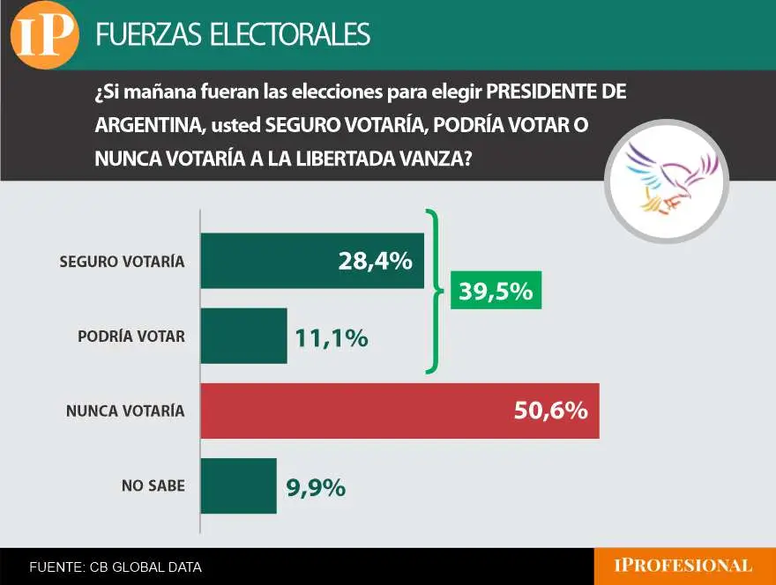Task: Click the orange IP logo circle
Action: pos(44,34)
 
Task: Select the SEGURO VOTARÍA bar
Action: pos(265,261)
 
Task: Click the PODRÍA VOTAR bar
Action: pos(243,336)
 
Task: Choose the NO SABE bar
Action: pos(238,485)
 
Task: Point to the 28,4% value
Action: pos(375,261)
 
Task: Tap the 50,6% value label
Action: pos(550,411)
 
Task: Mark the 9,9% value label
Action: pos(315,486)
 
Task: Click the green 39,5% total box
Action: pos(496,291)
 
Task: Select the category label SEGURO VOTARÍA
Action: pos(122,262)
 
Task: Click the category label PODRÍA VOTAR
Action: pos(131,337)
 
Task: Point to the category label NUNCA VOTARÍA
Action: pos(125,411)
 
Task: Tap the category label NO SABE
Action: pos(153,485)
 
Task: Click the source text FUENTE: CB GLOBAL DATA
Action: pos(116,567)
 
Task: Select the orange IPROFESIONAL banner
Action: pos(684,566)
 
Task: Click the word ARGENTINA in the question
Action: pos(145,126)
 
